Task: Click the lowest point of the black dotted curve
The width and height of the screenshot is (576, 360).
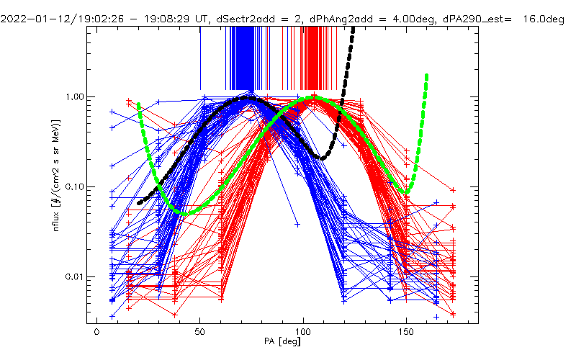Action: coord(323,158)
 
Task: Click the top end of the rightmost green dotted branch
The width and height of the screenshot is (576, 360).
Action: coord(427,75)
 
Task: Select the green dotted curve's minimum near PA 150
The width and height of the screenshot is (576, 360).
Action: coord(407,192)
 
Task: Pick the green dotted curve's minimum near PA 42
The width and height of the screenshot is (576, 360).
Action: coord(184,213)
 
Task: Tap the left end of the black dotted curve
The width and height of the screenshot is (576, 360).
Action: coord(140,203)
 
